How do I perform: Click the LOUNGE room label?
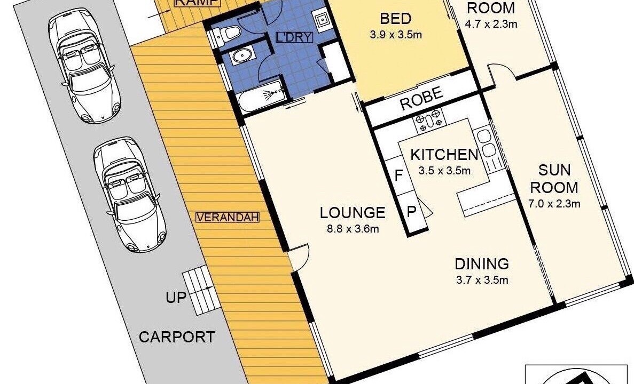pyautogui.click(x=352, y=213)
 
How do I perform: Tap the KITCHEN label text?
pyautogui.click(x=444, y=155)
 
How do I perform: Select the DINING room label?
pyautogui.click(x=482, y=264)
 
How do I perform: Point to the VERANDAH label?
pyautogui.click(x=227, y=217)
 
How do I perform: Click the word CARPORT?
pyautogui.click(x=177, y=337)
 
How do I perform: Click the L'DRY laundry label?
pyautogui.click(x=294, y=37)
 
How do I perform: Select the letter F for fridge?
pyautogui.click(x=398, y=175)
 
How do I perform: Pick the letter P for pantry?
pyautogui.click(x=411, y=212)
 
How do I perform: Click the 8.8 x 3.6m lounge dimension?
pyautogui.click(x=353, y=229)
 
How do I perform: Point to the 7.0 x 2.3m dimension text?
pyautogui.click(x=554, y=204)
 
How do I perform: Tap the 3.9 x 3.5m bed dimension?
pyautogui.click(x=396, y=35)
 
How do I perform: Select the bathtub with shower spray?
pyautogui.click(x=262, y=96)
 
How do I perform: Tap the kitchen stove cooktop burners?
pyautogui.click(x=429, y=120)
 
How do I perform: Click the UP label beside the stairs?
pyautogui.click(x=176, y=298)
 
